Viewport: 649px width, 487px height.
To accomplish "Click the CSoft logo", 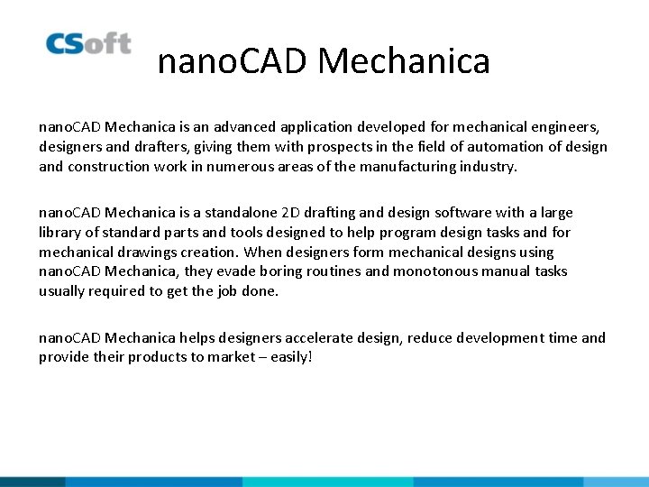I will point(88,43).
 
